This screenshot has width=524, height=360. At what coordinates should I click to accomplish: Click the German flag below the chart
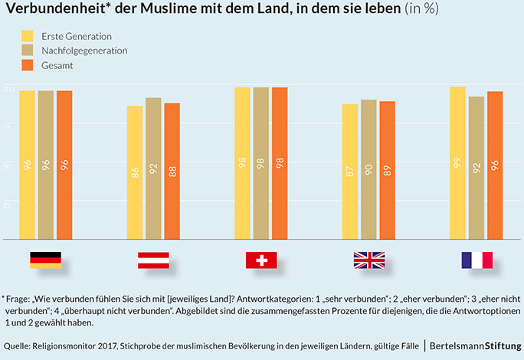(x=45, y=260)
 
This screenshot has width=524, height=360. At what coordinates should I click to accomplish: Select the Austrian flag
(x=153, y=260)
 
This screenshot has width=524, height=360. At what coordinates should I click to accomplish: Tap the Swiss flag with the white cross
(x=261, y=260)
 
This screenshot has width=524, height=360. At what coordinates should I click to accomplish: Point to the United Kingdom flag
(x=369, y=260)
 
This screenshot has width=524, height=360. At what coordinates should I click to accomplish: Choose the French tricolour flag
(x=477, y=260)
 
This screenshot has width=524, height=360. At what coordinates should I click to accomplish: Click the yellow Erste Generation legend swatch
(x=28, y=36)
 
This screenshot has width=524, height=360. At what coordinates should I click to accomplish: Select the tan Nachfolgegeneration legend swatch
(x=28, y=51)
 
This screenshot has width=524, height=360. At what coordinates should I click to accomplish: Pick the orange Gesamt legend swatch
(x=28, y=66)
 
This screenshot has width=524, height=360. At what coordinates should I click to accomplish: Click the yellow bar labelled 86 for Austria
(x=135, y=172)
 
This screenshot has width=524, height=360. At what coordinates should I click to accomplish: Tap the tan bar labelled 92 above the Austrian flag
(x=153, y=169)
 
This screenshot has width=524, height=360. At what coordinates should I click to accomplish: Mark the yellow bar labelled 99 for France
(x=458, y=164)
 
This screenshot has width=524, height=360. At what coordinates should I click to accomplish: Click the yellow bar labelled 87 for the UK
(x=350, y=172)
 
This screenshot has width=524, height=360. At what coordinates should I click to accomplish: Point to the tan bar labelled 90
(x=368, y=170)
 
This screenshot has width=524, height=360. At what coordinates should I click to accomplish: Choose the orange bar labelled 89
(x=388, y=171)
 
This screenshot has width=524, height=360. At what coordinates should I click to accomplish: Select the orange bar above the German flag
(x=64, y=165)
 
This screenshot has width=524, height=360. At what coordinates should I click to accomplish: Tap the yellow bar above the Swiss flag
(x=242, y=164)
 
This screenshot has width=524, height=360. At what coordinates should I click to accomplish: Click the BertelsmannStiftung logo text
(x=473, y=347)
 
